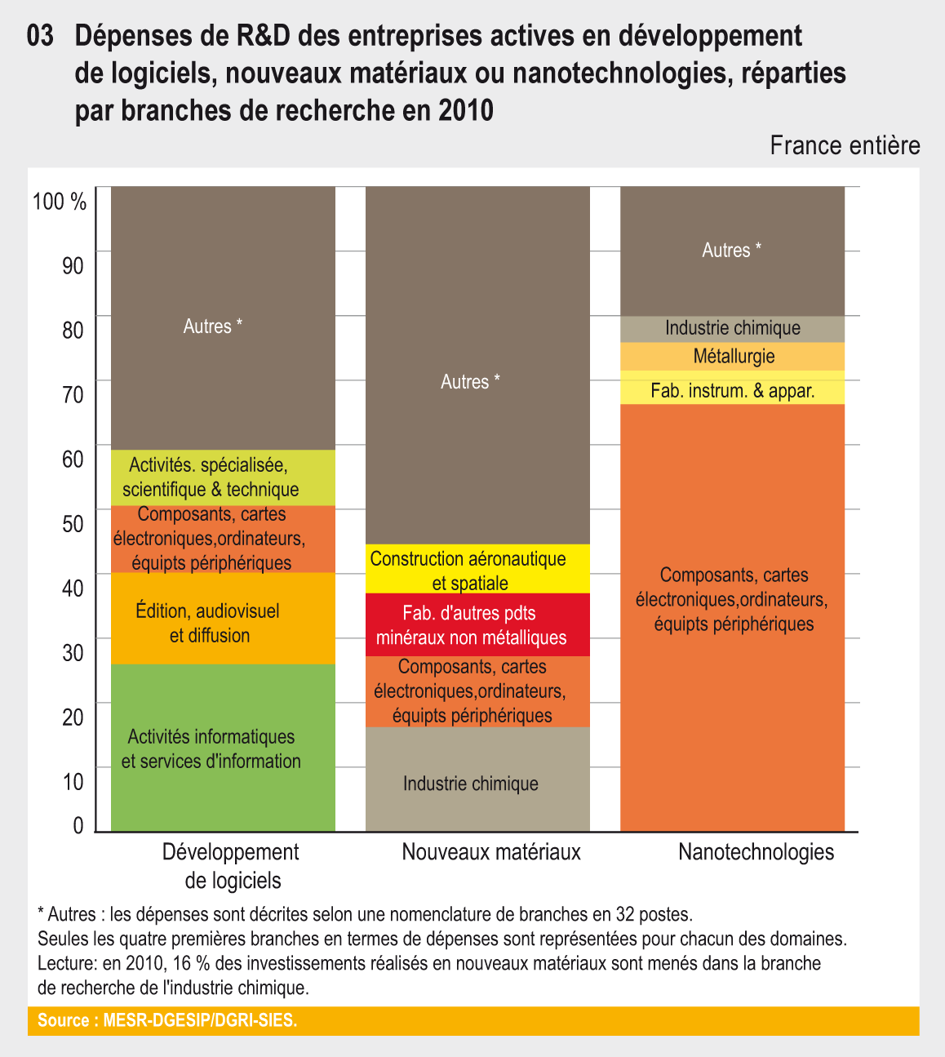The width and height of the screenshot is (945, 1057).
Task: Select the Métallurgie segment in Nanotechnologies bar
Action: [733, 357]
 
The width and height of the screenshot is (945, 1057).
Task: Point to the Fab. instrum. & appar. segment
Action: [733, 389]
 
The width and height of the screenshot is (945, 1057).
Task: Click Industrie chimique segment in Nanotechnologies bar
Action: [733, 328]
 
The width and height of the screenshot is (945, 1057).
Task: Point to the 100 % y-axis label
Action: [60, 202]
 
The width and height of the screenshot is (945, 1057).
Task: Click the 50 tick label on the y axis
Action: [73, 524]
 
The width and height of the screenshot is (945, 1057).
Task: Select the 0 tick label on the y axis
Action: [78, 826]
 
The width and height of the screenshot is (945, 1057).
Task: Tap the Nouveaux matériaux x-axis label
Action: [491, 852]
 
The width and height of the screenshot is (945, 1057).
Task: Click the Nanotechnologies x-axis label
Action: [756, 852]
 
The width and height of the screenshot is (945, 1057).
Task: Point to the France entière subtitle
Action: [845, 146]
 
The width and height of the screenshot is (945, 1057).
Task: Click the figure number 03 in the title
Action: [41, 36]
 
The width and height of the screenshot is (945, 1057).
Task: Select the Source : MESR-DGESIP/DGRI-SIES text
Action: [167, 1020]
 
